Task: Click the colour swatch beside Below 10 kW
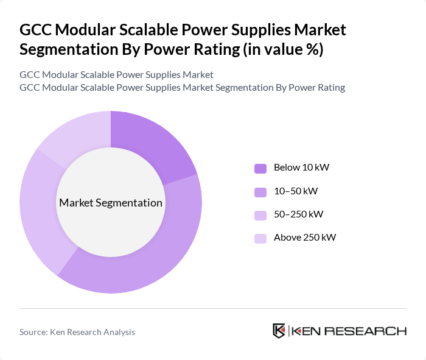[260, 168]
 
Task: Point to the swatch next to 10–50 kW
[260, 192]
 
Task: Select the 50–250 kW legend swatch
[260, 215]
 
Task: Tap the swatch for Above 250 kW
[260, 238]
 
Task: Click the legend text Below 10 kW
[301, 168]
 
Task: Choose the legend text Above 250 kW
[305, 238]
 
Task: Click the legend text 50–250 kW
[298, 214]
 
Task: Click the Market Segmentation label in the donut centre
[111, 203]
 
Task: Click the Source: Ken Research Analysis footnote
[77, 332]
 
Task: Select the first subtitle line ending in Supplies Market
[116, 75]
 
